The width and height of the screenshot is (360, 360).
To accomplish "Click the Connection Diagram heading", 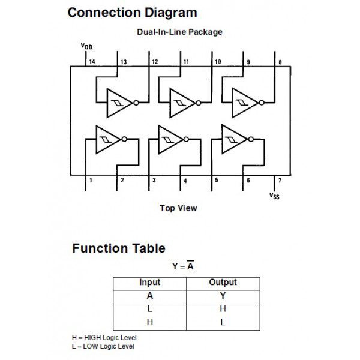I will (132, 13).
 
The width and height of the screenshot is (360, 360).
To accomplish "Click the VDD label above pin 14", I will (87, 46).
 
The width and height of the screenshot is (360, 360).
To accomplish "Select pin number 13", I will (123, 62).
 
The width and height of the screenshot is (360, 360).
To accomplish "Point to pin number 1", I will (91, 180).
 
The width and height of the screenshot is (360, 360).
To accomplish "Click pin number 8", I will (280, 62).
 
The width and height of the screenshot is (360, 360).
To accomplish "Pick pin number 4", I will (185, 180).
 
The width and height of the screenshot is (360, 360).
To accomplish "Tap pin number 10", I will (217, 62).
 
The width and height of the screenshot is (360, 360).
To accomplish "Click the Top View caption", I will (178, 208).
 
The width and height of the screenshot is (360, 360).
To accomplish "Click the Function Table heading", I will (119, 248).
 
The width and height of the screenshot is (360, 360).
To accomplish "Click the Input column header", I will (150, 282).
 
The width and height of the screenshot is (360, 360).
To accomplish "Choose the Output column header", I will (223, 282).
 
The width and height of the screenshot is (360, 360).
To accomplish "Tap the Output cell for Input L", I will (223, 308).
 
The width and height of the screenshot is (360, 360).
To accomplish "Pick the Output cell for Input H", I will (223, 322).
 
